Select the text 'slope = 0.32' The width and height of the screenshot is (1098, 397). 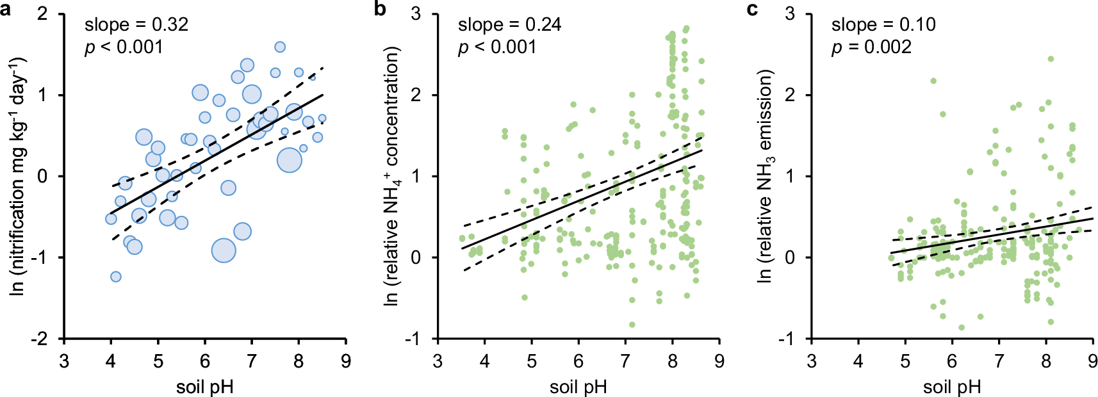pyautogui.click(x=136, y=25)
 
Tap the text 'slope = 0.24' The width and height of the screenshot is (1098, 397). pyautogui.click(x=509, y=25)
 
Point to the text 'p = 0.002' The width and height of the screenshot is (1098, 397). pyautogui.click(x=871, y=47)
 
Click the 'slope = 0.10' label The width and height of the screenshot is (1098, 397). pyautogui.click(x=883, y=25)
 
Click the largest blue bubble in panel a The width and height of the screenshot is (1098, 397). pyautogui.click(x=224, y=250)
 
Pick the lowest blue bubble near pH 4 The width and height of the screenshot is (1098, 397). pyautogui.click(x=116, y=277)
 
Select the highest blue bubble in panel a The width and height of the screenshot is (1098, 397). pyautogui.click(x=280, y=47)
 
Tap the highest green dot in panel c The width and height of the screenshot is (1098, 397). pyautogui.click(x=1051, y=59)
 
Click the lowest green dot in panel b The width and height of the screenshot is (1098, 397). pyautogui.click(x=632, y=325)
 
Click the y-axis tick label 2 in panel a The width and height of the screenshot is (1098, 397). pyautogui.click(x=43, y=13)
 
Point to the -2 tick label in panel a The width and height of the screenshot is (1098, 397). pyautogui.click(x=40, y=339)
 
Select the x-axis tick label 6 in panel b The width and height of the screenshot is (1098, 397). pyautogui.click(x=578, y=362)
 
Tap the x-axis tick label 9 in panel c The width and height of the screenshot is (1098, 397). pyautogui.click(x=1092, y=362)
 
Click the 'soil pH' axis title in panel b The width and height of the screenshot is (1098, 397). pyautogui.click(x=578, y=387)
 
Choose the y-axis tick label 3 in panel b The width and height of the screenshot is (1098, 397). pyautogui.click(x=416, y=13)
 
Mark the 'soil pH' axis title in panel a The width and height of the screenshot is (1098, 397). pyautogui.click(x=204, y=387)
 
